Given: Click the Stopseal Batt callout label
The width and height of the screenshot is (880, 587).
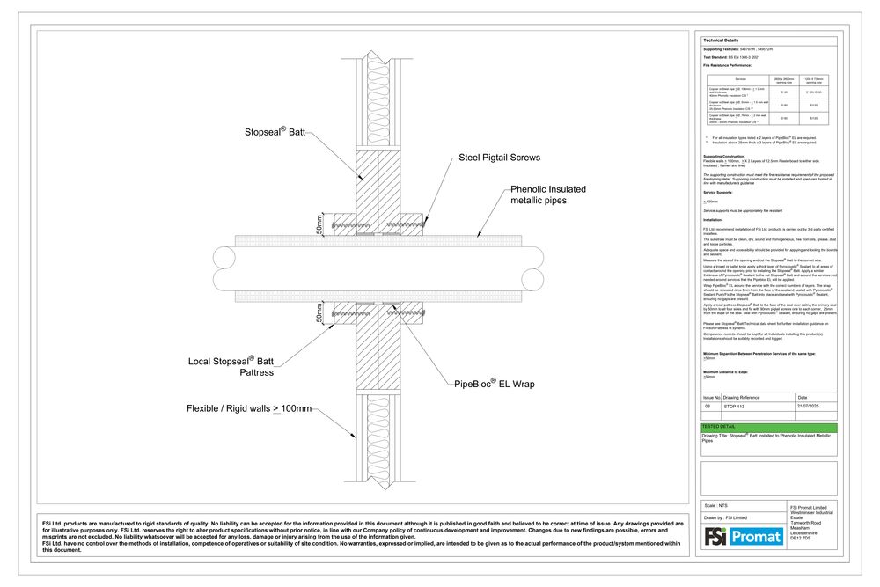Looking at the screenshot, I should tap(275, 134).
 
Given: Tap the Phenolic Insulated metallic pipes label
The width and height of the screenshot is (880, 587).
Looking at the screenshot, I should tap(548, 194).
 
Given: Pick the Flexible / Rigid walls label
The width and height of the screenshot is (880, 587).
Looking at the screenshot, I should tap(249, 408).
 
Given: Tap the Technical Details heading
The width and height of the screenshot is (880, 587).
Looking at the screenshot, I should tap(721, 40).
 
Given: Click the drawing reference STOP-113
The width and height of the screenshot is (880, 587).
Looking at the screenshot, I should tap(735, 407).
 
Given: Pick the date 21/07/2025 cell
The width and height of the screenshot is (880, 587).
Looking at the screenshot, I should tap(807, 407).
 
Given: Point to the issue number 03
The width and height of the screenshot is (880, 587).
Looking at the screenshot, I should tap(707, 407).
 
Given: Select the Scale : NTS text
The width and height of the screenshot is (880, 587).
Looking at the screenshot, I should tap(716, 506).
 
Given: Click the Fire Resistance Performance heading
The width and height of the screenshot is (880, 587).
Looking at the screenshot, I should tap(727, 65).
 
